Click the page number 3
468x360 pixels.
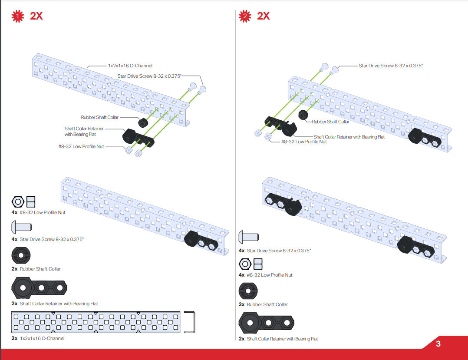[x=438, y=343]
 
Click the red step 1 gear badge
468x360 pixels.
[x=18, y=16]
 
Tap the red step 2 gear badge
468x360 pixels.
[x=245, y=16]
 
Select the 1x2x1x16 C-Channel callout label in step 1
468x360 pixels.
[x=130, y=66]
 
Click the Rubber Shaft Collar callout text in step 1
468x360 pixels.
[x=100, y=117]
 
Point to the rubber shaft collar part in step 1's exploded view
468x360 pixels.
[x=143, y=122]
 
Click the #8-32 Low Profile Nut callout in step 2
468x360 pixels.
[x=304, y=142]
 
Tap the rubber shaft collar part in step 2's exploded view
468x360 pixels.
[x=303, y=115]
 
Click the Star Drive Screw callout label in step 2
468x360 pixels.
[x=391, y=66]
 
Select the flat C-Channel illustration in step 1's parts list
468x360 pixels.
[x=96, y=322]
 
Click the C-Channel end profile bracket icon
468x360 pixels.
[x=190, y=322]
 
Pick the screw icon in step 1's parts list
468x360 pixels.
[x=22, y=227]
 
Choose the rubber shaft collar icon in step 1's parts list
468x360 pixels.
[x=21, y=255]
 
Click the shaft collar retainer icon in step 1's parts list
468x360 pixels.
[x=39, y=288]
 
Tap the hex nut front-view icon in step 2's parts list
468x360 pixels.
[x=245, y=264]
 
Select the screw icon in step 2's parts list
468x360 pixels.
[x=249, y=237]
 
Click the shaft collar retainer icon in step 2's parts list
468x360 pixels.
[x=266, y=323]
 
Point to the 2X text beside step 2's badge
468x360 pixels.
[x=263, y=16]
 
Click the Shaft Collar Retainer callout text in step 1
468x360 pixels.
[x=84, y=131]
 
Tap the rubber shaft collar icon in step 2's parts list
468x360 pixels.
[x=248, y=291]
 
